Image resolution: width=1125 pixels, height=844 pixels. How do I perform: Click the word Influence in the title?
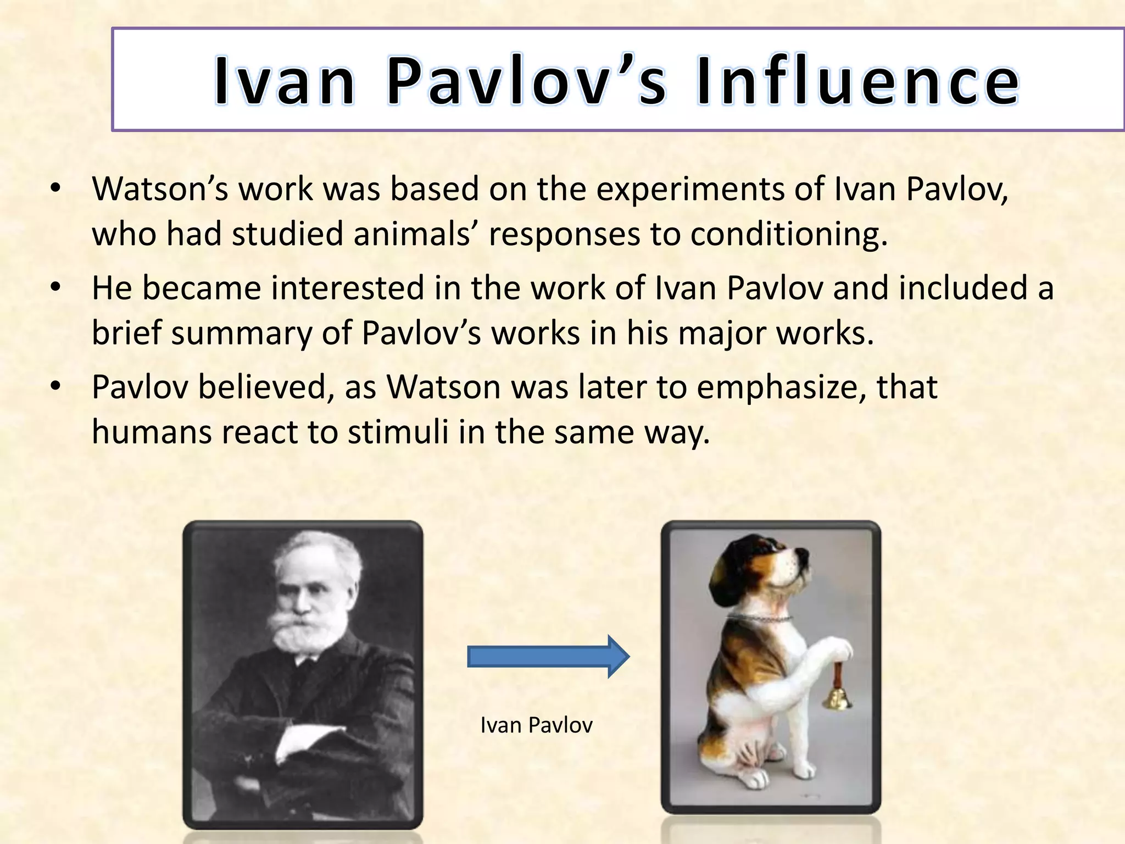coord(857,81)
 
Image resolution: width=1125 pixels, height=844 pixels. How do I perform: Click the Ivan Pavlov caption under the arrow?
coord(536,725)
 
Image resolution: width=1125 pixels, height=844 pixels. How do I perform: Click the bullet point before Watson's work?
coord(55,190)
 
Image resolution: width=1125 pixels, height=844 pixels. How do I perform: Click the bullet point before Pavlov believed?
coord(55,387)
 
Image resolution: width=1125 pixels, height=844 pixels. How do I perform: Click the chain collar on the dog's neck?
coord(761,618)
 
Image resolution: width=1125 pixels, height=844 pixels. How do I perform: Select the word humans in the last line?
coord(151,432)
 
